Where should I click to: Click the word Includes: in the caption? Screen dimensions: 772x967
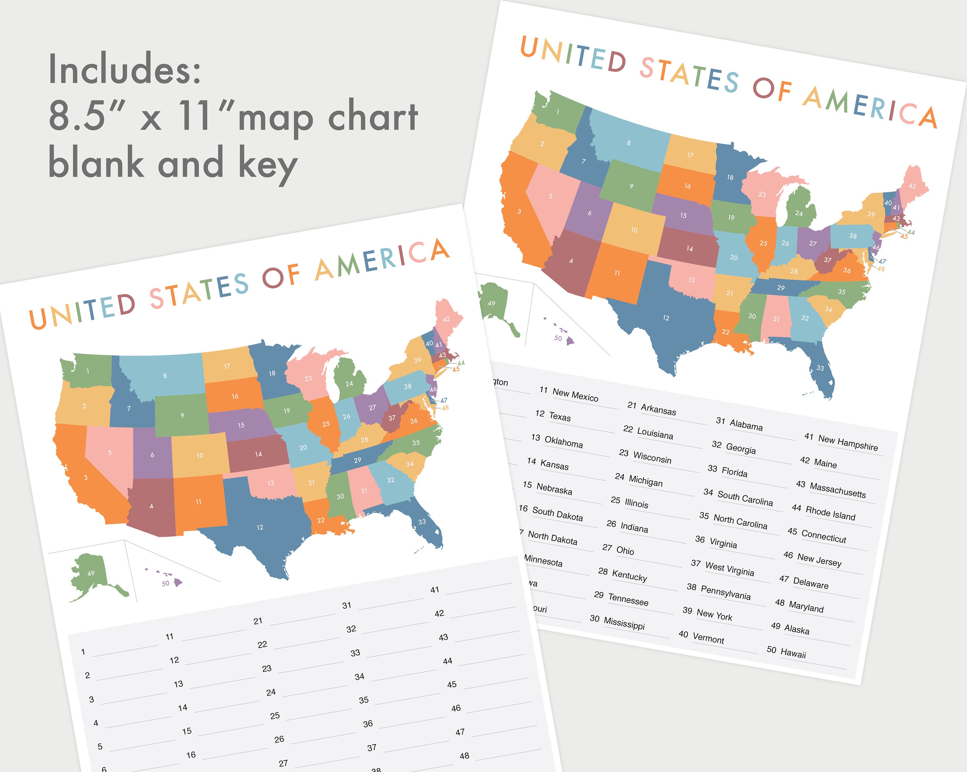click(x=125, y=70)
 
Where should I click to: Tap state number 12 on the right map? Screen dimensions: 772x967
click(x=666, y=318)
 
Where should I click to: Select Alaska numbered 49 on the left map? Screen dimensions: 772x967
click(x=91, y=573)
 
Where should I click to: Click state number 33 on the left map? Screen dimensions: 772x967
click(x=422, y=522)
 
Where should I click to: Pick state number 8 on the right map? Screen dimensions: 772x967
click(x=629, y=143)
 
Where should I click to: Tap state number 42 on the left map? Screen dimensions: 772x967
click(x=446, y=319)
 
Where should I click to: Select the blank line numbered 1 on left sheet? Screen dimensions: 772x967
click(x=126, y=648)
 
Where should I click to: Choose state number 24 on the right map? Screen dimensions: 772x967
click(x=799, y=213)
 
